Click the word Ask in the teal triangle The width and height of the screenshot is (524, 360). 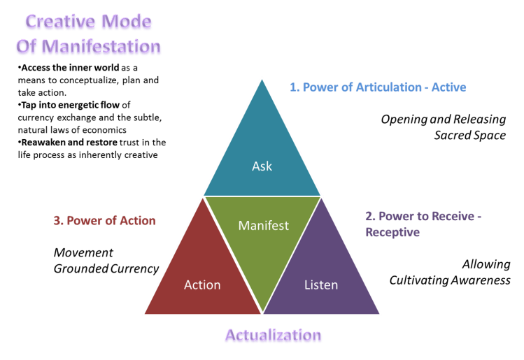tap(262, 166)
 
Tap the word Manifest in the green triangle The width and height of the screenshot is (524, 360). tap(263, 226)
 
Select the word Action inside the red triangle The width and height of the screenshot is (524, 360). tap(202, 285)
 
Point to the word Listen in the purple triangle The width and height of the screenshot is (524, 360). tap(321, 285)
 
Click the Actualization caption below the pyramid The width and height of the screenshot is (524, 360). tap(273, 336)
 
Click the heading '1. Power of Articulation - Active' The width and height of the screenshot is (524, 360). tap(378, 87)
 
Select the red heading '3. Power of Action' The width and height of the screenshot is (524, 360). tap(104, 221)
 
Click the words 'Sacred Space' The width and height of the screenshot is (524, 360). tap(469, 135)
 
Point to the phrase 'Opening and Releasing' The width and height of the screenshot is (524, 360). tap(443, 120)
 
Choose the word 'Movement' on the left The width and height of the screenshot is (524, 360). tap(83, 252)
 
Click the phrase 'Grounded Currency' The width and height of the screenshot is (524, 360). tap(106, 268)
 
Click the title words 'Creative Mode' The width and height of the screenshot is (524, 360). tap(89, 23)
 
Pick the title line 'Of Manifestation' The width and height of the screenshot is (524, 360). tap(89, 48)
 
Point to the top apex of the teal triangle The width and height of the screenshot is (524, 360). tap(262, 78)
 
